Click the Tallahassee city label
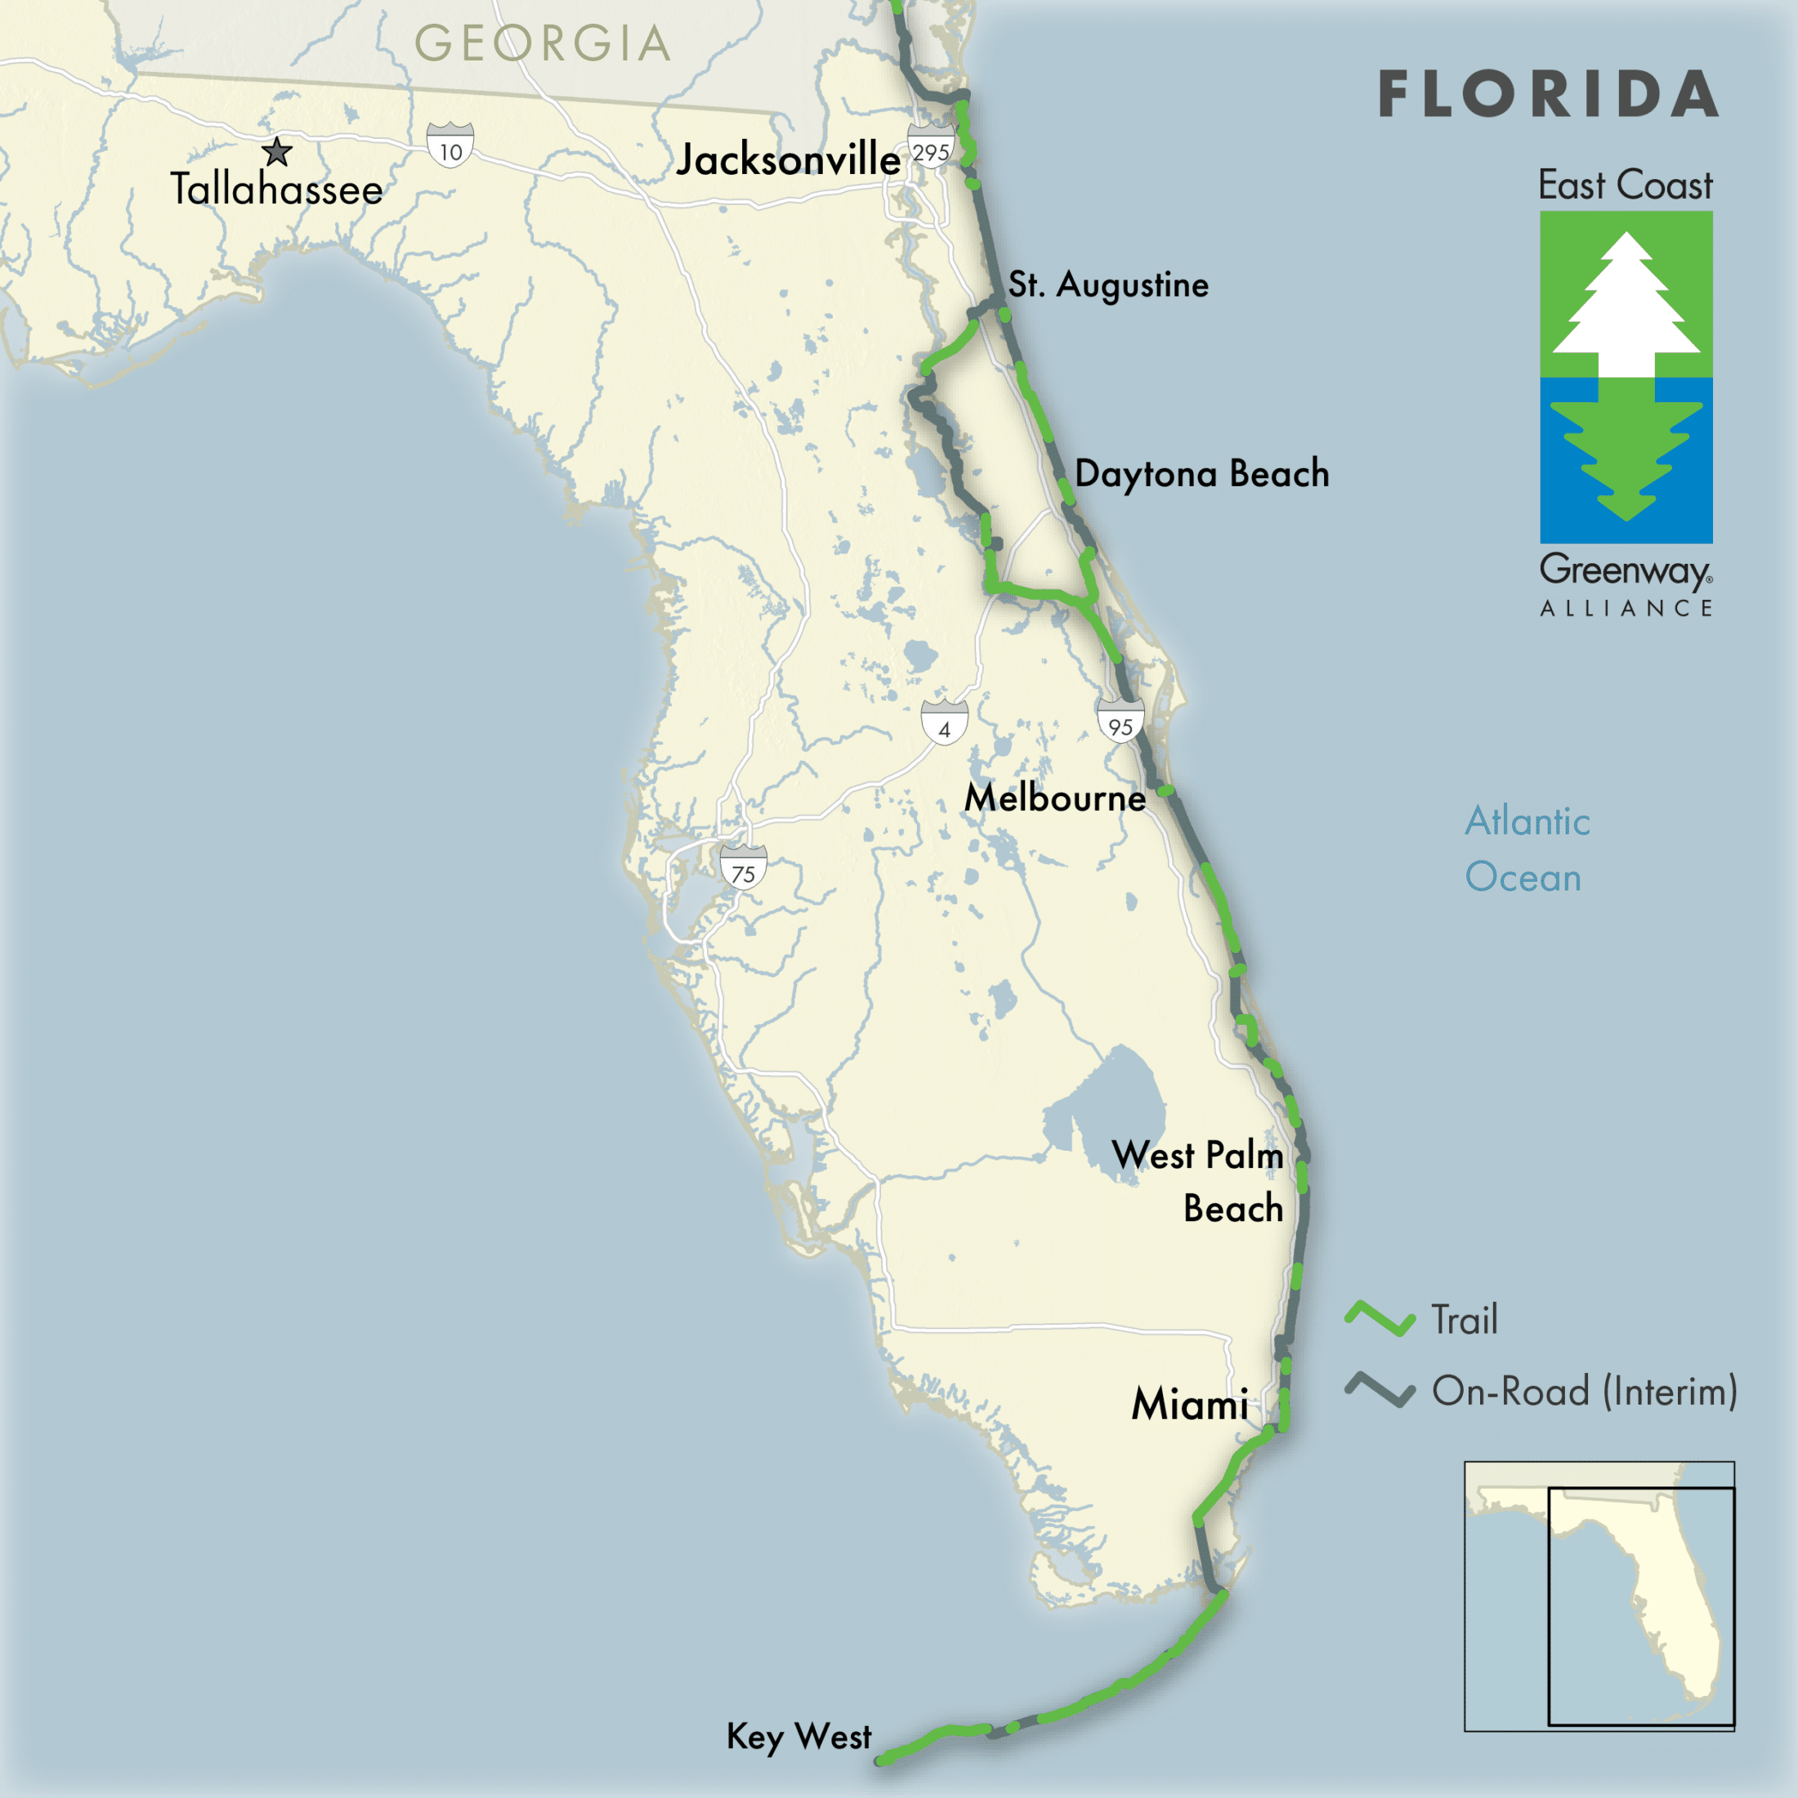pyautogui.click(x=276, y=190)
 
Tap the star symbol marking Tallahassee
pyautogui.click(x=276, y=150)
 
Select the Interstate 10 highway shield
pyautogui.click(x=450, y=147)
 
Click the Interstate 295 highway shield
pyautogui.click(x=930, y=149)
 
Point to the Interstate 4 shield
pyautogui.click(x=944, y=723)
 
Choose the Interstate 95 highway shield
pyautogui.click(x=1120, y=722)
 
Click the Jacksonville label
pyautogui.click(x=788, y=160)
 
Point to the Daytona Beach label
pyautogui.click(x=1201, y=474)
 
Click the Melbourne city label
pyautogui.click(x=1054, y=798)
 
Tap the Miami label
pyautogui.click(x=1189, y=1404)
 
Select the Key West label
pyautogui.click(x=798, y=1737)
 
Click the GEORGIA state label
pyautogui.click(x=543, y=44)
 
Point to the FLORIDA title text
pyautogui.click(x=1548, y=95)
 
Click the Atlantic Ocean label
pyautogui.click(x=1526, y=849)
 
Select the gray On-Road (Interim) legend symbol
pyautogui.click(x=1380, y=1390)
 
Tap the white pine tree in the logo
pyautogui.click(x=1626, y=307)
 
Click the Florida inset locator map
pyautogui.click(x=1599, y=1596)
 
